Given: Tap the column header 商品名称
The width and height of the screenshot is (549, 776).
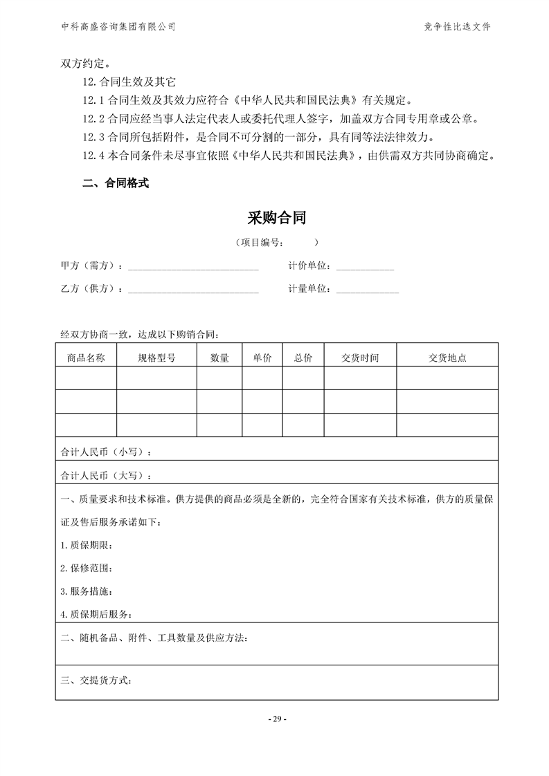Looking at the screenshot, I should point(86,358).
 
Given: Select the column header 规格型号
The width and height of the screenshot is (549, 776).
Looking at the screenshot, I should point(156,358).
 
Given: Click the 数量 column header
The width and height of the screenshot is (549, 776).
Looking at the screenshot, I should point(219,358).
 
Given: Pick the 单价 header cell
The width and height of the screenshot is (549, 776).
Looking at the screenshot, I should point(262,358).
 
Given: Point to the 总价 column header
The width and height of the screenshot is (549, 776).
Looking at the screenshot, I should point(303,358).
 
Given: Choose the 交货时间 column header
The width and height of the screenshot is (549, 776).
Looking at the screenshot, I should point(360,358).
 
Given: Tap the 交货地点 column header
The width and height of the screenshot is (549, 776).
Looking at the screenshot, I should point(447,358).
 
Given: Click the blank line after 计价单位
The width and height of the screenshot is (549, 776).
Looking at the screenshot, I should point(365,267).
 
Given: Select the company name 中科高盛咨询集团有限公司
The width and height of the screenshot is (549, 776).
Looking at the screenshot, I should point(118,27).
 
